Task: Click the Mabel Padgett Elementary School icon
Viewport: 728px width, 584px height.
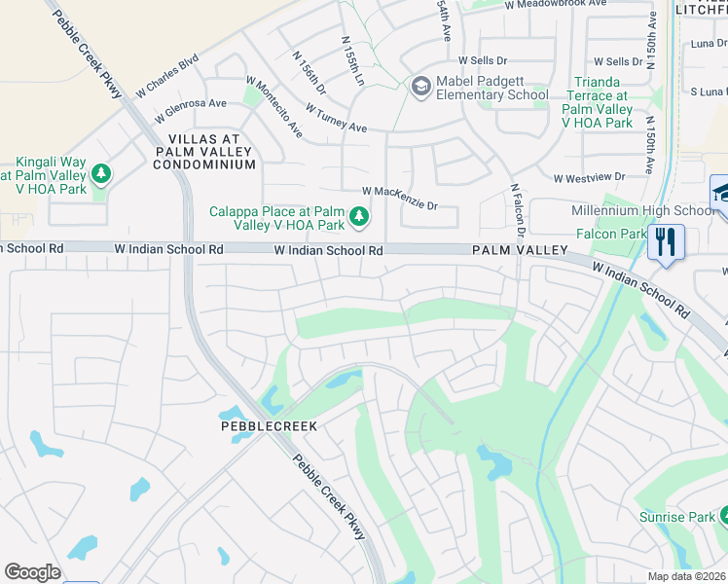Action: point(420,88)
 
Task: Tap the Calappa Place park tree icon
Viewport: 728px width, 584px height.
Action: point(359,215)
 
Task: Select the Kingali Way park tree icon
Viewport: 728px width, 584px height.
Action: point(100,173)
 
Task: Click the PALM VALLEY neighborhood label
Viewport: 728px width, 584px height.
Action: point(520,250)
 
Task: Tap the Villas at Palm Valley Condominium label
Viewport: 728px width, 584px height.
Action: point(204,152)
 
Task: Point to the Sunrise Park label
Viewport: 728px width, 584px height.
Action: point(678,518)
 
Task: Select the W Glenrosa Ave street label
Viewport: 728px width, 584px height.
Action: point(194,103)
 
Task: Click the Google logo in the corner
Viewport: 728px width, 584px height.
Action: point(32,572)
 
